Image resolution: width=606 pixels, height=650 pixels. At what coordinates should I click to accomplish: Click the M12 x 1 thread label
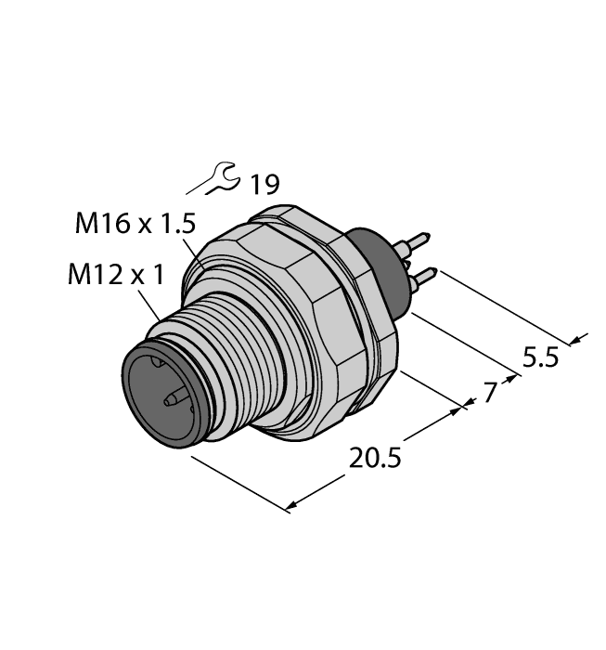(115, 275)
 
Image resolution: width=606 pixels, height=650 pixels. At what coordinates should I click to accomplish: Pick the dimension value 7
(489, 393)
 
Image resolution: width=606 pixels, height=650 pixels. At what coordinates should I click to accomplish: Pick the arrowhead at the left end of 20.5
(291, 506)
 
